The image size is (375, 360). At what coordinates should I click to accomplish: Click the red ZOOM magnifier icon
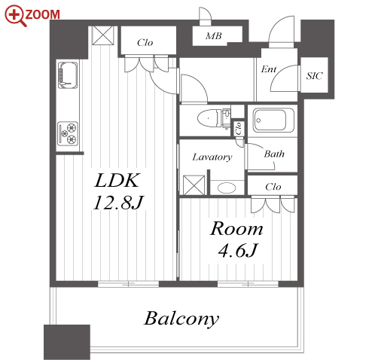pyautogui.click(x=15, y=15)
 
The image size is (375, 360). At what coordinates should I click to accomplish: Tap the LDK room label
pyautogui.click(x=117, y=180)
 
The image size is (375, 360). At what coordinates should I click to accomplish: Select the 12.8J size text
pyautogui.click(x=118, y=203)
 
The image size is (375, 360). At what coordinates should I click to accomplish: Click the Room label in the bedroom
pyautogui.click(x=236, y=229)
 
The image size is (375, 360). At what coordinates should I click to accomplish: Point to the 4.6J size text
pyautogui.click(x=238, y=250)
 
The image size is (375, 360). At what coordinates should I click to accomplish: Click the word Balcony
pyautogui.click(x=181, y=319)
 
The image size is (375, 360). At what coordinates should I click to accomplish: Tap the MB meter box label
pyautogui.click(x=214, y=36)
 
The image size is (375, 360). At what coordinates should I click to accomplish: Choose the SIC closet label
pyautogui.click(x=314, y=76)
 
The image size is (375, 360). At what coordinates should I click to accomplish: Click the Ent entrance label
pyautogui.click(x=269, y=69)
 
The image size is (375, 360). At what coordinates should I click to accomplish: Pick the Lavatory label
pyautogui.click(x=212, y=157)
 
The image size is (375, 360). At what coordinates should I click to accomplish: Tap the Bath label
pyautogui.click(x=274, y=154)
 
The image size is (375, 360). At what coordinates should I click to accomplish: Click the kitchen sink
pyautogui.click(x=68, y=75)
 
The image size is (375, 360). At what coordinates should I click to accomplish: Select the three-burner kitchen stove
pyautogui.click(x=68, y=133)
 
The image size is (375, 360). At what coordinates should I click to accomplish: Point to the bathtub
pyautogui.click(x=273, y=120)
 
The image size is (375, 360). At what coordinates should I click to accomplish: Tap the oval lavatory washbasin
pyautogui.click(x=227, y=188)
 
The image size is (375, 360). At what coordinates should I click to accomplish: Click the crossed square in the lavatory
pyautogui.click(x=194, y=185)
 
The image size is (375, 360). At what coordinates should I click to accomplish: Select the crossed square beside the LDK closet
pyautogui.click(x=103, y=35)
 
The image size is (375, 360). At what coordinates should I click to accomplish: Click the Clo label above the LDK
pyautogui.click(x=145, y=43)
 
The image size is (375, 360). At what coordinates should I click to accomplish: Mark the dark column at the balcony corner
pyautogui.click(x=67, y=342)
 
